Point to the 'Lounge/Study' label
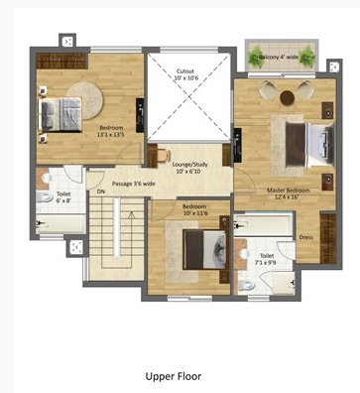[188, 165]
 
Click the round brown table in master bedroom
[287, 96]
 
